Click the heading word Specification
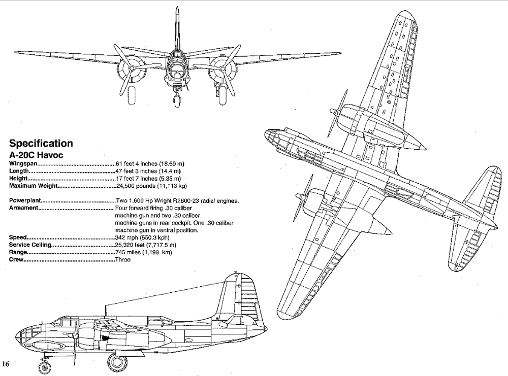point(41,144)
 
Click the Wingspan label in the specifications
point(23,163)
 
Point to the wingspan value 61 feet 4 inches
point(149,163)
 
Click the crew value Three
point(123,260)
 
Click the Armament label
point(24,208)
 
